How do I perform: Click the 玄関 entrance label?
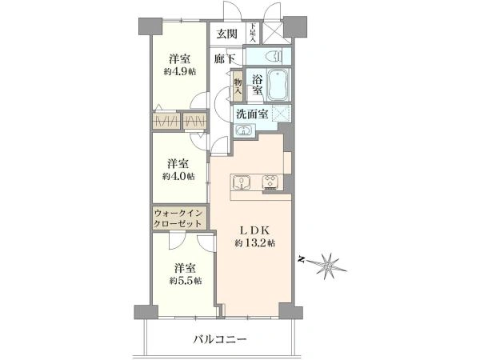point(227,34)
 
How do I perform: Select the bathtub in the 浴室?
point(278,85)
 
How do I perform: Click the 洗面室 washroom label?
point(252,114)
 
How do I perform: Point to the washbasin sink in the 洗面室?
point(244,130)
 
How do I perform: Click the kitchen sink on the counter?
point(242,182)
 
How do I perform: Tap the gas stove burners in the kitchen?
point(270,182)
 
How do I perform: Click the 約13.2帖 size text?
point(254,243)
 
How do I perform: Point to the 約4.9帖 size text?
point(180,72)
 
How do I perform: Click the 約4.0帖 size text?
point(178,177)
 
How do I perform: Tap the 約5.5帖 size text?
point(186,281)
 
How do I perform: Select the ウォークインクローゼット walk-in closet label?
point(178,218)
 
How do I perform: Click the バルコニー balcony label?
point(220,339)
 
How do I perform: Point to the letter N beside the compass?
point(302,260)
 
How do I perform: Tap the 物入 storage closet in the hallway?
point(238,86)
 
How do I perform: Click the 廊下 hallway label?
point(225,58)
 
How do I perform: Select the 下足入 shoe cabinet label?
point(253,33)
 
